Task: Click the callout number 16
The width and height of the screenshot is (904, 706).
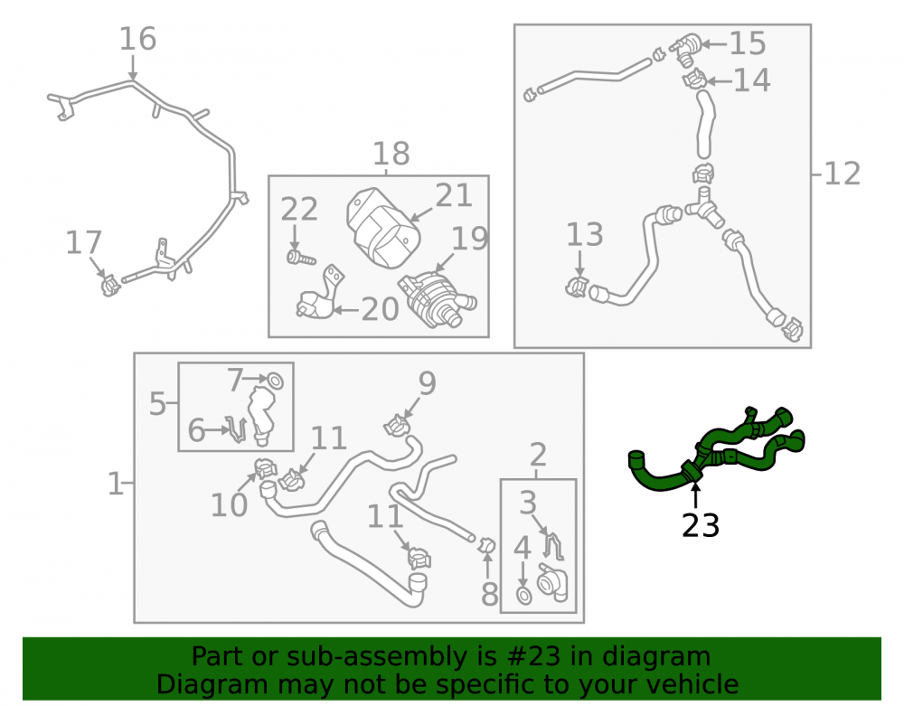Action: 137,39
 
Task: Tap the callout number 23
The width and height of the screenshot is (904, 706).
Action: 701,525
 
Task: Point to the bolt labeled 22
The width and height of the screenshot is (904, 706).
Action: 301,257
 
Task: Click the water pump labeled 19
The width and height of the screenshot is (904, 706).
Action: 437,298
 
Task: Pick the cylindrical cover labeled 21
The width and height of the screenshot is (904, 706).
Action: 382,228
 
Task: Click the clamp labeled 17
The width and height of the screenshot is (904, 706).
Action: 109,285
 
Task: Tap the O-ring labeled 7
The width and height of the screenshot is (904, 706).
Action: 275,381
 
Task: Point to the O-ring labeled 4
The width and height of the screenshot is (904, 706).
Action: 523,597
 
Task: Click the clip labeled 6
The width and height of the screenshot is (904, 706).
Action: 237,428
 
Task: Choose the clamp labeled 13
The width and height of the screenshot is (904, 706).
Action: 576,287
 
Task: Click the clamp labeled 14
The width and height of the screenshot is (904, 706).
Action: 694,80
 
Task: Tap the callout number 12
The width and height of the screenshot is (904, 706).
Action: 843,174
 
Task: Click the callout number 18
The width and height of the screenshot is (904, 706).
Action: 391,154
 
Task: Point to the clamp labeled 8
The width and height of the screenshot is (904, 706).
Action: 486,544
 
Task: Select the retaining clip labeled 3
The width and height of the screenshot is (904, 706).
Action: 553,545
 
